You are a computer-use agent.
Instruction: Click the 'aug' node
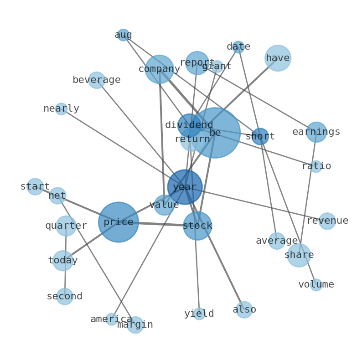pos(123,35)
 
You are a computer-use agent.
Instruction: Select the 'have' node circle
pos(278,58)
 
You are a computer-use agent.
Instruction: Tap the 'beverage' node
pos(97,80)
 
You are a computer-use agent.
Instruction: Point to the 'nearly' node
pos(61,109)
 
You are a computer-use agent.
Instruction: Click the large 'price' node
pos(119,222)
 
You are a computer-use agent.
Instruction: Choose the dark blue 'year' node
pos(185,187)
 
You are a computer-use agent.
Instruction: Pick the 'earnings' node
pos(316,132)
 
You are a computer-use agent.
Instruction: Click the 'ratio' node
pos(316,166)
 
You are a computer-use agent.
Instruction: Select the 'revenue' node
pos(327,221)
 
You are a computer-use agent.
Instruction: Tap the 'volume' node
pos(316,285)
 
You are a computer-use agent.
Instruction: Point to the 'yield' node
pos(199,314)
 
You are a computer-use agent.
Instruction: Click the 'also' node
pos(244,310)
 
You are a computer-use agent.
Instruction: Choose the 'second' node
pos(65,297)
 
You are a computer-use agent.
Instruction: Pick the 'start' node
pos(35,186)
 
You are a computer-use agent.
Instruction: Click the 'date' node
pos(238,47)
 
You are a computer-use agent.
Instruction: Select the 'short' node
pos(260,136)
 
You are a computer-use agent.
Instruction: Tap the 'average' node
pos(277,241)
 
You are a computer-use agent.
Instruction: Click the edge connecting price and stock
pos(158,224)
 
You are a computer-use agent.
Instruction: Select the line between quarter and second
pos(66,261)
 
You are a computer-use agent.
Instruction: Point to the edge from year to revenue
pos(256,204)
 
